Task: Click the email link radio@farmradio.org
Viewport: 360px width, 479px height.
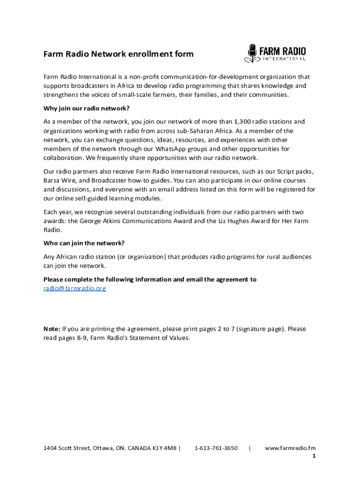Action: point(75,289)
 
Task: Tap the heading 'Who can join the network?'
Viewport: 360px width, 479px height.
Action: point(84,243)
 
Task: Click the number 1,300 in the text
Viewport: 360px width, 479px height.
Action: point(243,122)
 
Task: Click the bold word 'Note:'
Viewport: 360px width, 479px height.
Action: point(51,329)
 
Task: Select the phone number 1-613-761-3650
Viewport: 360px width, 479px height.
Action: point(216,448)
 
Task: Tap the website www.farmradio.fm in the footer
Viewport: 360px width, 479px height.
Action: point(290,448)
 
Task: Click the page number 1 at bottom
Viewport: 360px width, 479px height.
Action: point(314,456)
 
